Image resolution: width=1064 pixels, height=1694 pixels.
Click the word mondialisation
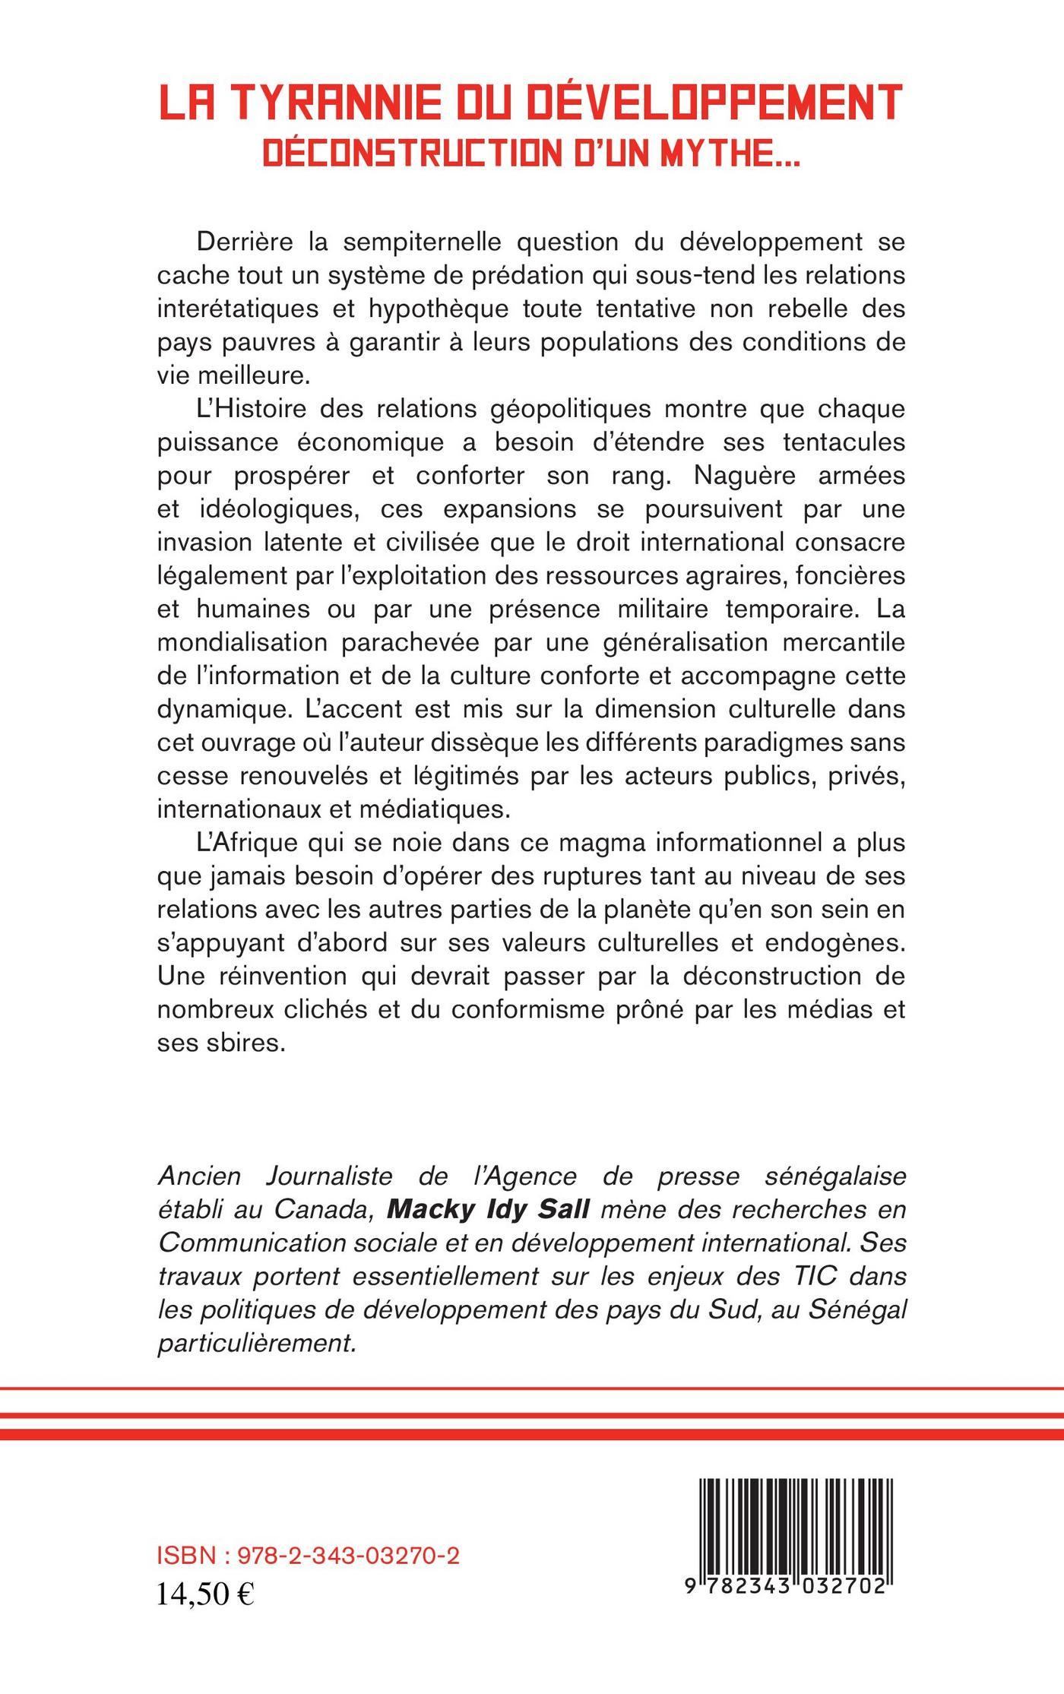click(x=242, y=642)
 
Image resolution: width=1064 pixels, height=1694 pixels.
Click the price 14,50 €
click(x=206, y=1594)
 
